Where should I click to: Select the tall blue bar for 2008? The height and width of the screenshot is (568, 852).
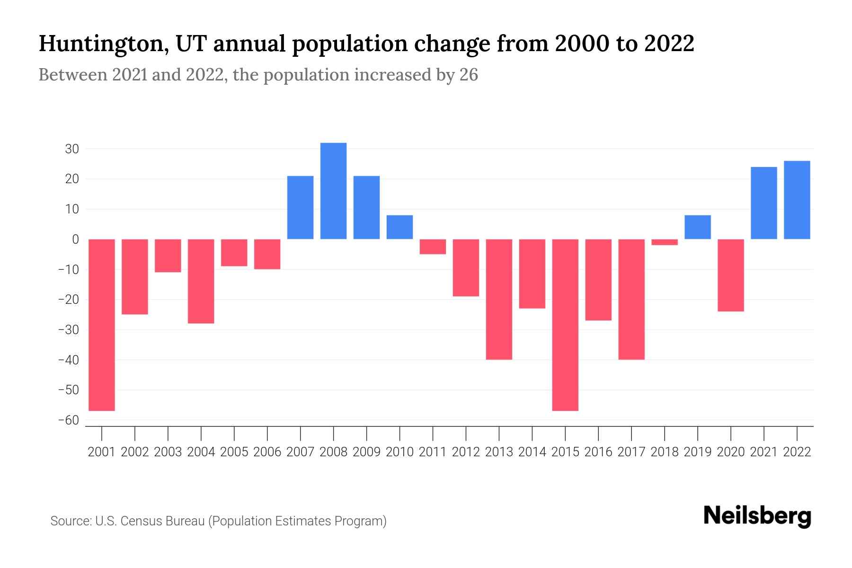[x=333, y=191]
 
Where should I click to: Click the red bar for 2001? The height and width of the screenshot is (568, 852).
[x=102, y=325]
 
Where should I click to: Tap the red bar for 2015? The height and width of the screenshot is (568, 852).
[x=565, y=325]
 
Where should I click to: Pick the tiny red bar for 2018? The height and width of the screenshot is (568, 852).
[x=665, y=242]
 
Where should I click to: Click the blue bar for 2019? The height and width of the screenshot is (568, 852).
[x=698, y=227]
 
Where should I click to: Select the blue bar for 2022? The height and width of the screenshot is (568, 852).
[x=797, y=200]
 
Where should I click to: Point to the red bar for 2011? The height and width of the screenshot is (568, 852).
[x=433, y=247]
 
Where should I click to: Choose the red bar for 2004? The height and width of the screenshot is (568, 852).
[x=201, y=281]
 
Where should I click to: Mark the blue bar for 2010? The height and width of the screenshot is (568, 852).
[x=399, y=227]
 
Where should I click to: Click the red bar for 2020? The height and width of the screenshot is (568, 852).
[x=731, y=275]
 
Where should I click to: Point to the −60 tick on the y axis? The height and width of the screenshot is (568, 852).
[x=69, y=420]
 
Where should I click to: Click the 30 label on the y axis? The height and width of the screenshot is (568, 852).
[x=72, y=149]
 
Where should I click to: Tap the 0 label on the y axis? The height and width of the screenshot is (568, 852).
[x=75, y=240]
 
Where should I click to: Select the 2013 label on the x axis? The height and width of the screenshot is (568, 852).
[x=499, y=452]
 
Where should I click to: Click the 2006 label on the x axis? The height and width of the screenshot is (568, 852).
[x=267, y=452]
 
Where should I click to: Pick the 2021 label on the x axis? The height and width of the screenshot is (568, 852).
[x=764, y=452]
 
